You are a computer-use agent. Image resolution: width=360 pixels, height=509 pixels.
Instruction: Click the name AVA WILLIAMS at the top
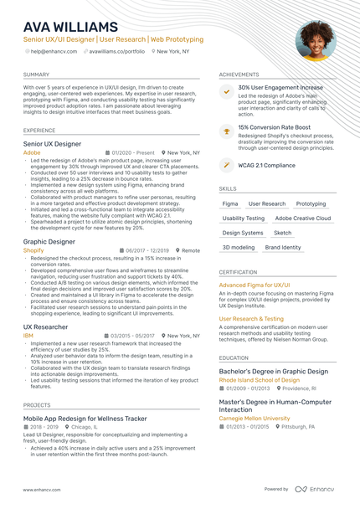pyautogui.click(x=71, y=27)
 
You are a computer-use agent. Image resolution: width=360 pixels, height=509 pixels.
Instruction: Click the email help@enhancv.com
pyautogui.click(x=54, y=51)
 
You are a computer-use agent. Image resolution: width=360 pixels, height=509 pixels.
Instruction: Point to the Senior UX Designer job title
pyautogui.click(x=52, y=144)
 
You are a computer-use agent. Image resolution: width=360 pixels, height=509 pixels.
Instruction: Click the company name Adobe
pyautogui.click(x=31, y=153)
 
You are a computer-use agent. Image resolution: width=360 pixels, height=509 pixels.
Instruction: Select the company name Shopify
pyautogui.click(x=33, y=250)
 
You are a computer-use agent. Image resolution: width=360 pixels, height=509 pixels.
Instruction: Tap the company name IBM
pyautogui.click(x=28, y=335)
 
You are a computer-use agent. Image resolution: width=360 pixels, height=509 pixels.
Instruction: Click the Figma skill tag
pyautogui.click(x=229, y=203)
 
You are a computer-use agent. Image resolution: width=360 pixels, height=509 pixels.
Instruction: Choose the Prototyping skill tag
pyautogui.click(x=311, y=203)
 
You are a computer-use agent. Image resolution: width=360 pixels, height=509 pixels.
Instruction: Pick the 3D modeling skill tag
pyautogui.click(x=239, y=248)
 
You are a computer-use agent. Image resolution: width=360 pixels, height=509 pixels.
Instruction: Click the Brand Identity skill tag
pyautogui.click(x=283, y=248)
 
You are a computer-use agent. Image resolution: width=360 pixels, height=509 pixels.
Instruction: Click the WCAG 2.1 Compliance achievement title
pyautogui.click(x=266, y=165)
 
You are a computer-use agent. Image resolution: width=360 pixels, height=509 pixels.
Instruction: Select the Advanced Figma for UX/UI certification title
pyautogui.click(x=255, y=285)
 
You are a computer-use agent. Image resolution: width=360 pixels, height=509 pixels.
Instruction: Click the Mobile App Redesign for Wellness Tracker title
pyautogui.click(x=85, y=418)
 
